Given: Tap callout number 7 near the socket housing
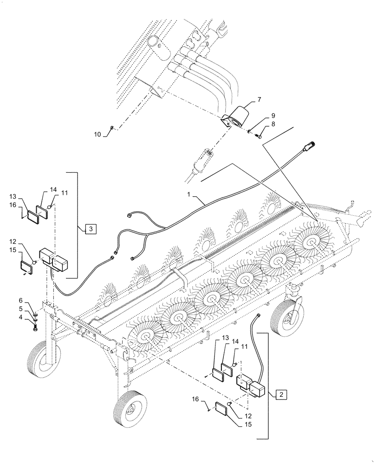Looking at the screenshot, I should pyautogui.click(x=259, y=100).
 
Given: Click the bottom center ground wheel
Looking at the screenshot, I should pyautogui.click(x=130, y=408).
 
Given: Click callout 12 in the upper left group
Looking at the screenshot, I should pyautogui.click(x=25, y=241).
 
